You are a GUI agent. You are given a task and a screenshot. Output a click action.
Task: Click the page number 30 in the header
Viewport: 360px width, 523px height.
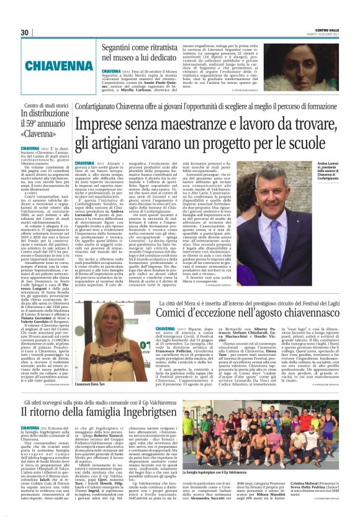[25, 32]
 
